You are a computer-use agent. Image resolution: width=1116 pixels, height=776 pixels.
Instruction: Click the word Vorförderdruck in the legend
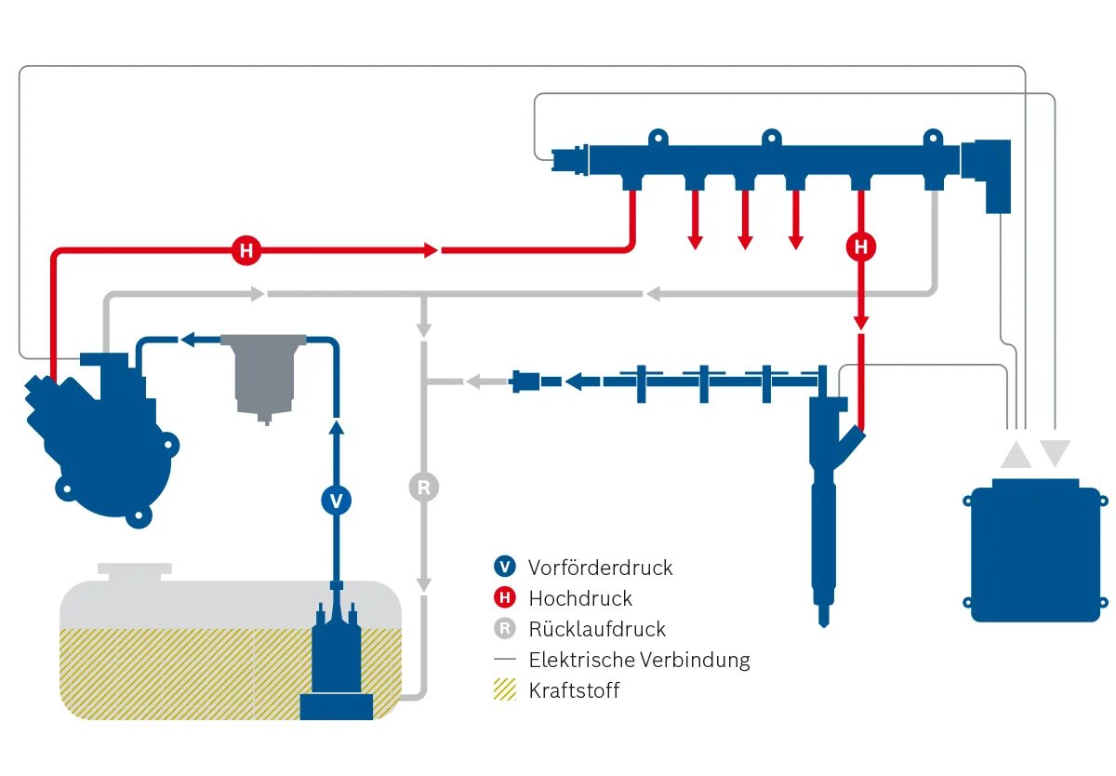click(600, 568)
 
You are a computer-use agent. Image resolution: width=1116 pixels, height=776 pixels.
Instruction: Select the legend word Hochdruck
click(580, 598)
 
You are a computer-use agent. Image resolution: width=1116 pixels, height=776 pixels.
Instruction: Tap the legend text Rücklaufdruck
click(597, 629)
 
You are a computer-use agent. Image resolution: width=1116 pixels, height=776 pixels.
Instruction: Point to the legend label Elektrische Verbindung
click(639, 660)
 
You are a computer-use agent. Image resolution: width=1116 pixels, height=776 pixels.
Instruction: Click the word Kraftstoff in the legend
click(574, 690)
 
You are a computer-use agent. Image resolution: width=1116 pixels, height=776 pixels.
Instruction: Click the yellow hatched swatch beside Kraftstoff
click(505, 689)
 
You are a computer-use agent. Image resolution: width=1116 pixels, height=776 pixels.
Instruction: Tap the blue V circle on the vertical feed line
click(337, 501)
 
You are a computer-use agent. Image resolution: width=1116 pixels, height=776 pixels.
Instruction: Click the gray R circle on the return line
click(423, 487)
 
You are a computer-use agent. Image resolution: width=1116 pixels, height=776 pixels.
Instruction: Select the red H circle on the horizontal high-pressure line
click(246, 250)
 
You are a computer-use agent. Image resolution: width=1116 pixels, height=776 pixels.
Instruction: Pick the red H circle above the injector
click(861, 247)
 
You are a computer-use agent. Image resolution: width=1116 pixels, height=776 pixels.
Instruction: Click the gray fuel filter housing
click(263, 376)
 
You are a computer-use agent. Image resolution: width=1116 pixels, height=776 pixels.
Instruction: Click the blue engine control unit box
click(1035, 551)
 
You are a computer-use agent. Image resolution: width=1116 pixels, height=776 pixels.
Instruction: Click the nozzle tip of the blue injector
click(824, 623)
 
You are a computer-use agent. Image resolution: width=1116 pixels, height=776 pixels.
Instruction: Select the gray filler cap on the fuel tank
click(135, 571)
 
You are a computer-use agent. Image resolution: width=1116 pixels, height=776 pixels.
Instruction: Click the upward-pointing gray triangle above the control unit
click(1016, 456)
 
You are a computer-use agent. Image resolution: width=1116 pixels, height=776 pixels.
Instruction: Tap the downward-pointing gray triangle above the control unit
click(1055, 452)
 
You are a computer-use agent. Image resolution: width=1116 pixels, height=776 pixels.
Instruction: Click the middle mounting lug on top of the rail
click(771, 138)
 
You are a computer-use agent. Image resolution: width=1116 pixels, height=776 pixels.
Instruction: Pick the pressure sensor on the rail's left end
click(570, 160)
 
